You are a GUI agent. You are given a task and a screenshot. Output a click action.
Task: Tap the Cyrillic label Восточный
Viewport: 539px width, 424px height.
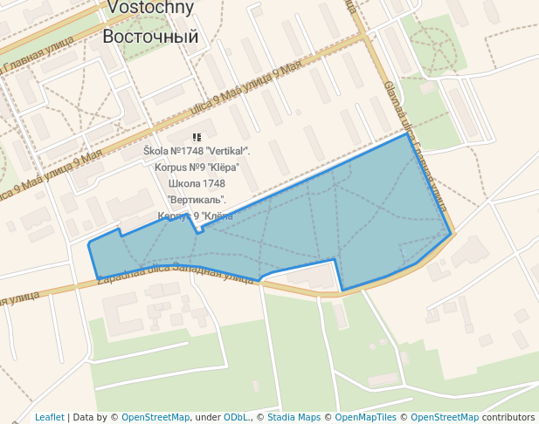pyautogui.click(x=150, y=37)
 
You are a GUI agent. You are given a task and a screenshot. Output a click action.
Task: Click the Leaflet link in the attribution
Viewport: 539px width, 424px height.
pyautogui.click(x=50, y=417)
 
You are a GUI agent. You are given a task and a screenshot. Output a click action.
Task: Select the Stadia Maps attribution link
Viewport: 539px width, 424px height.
pyautogui.click(x=294, y=417)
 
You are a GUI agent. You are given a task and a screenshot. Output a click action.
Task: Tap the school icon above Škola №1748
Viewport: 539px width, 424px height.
pyautogui.click(x=197, y=138)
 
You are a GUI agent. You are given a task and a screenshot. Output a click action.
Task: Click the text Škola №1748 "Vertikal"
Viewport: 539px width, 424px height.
pyautogui.click(x=197, y=152)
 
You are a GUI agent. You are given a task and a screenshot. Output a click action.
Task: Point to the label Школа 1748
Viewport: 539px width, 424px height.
pyautogui.click(x=197, y=184)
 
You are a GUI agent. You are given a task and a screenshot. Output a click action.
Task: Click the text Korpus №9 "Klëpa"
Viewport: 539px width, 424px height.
pyautogui.click(x=197, y=168)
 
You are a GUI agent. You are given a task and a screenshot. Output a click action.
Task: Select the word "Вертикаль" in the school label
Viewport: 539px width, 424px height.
pyautogui.click(x=197, y=200)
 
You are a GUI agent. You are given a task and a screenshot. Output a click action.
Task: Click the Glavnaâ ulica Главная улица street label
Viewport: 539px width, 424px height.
pyautogui.click(x=415, y=148)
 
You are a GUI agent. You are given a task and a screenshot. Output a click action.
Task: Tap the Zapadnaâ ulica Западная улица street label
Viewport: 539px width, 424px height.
pyautogui.click(x=175, y=273)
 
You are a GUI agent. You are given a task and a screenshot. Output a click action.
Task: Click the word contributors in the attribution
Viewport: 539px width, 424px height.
pyautogui.click(x=508, y=417)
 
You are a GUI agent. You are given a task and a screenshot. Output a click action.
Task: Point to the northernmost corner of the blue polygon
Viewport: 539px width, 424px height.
pyautogui.click(x=406, y=133)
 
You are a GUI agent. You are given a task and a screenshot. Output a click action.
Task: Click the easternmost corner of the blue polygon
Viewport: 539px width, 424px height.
pyautogui.click(x=451, y=233)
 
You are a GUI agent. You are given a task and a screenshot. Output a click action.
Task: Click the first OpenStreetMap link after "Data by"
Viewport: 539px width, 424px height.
pyautogui.click(x=155, y=417)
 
